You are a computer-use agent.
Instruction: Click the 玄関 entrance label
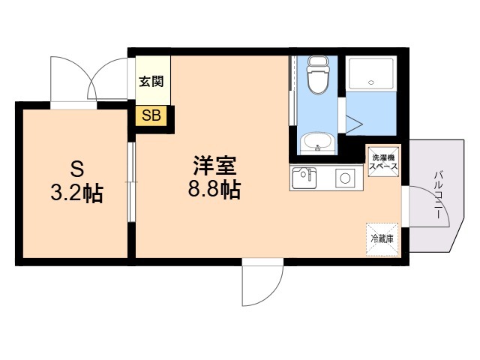pyautogui.click(x=151, y=82)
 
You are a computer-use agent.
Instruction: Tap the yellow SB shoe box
pyautogui.click(x=151, y=115)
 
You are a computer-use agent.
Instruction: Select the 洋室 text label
pyautogui.click(x=214, y=165)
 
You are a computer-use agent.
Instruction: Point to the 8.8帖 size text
pyautogui.click(x=214, y=189)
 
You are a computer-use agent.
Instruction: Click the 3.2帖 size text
pyautogui.click(x=76, y=193)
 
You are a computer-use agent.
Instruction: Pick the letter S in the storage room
pyautogui.click(x=76, y=169)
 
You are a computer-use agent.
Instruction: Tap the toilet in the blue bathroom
pyautogui.click(x=317, y=75)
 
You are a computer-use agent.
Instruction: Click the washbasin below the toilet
pyautogui.click(x=317, y=143)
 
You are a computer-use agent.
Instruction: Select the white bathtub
pyautogui.click(x=371, y=73)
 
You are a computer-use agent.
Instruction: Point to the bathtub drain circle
pyautogui.click(x=371, y=82)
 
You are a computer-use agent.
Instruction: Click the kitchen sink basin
pyautogui.click(x=304, y=178)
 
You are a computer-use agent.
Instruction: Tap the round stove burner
pyautogui.click(x=345, y=178)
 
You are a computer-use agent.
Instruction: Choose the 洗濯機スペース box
pyautogui.click(x=383, y=162)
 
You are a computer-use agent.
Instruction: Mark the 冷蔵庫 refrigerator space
pyautogui.click(x=382, y=239)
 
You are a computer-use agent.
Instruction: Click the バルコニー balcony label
pyautogui.click(x=438, y=195)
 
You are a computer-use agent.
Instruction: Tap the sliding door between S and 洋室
pyautogui.click(x=131, y=182)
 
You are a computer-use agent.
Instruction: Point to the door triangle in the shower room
pyautogui.click(x=354, y=124)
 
